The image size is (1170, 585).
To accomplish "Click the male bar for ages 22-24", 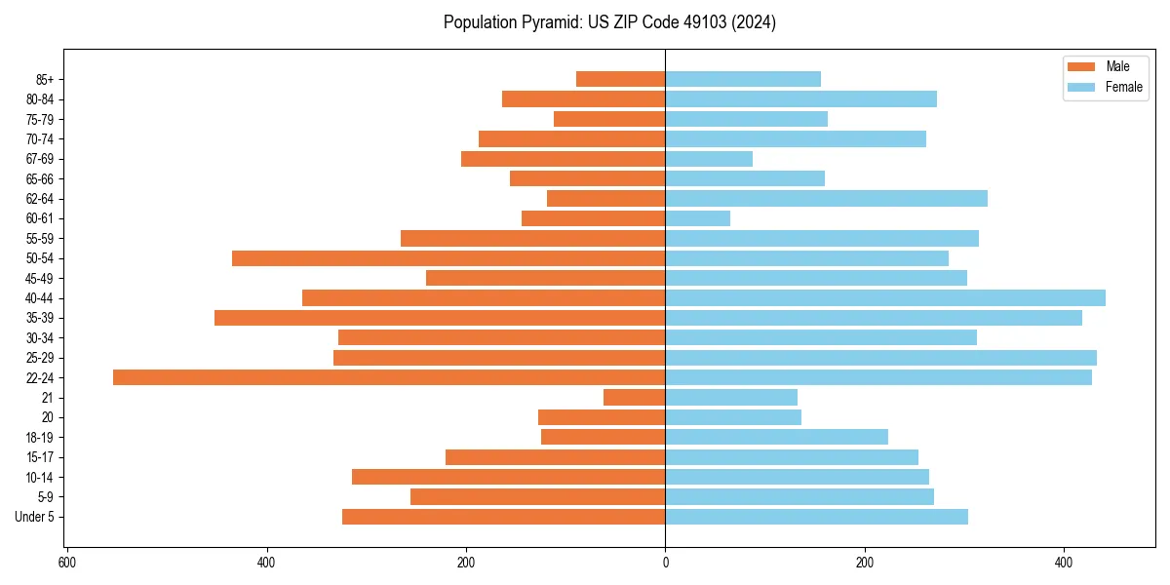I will point(389,377).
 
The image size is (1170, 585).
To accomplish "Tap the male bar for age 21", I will point(635,397).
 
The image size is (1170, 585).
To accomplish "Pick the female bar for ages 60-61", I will point(698,218).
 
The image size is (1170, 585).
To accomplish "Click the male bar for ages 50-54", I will point(448,258).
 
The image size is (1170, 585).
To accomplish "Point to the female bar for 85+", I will point(743,79).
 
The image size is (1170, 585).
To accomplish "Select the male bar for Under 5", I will point(504,517).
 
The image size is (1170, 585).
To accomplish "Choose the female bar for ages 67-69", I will point(709,159).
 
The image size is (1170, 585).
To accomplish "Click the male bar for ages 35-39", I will point(440,318).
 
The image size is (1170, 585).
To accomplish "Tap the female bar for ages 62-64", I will point(827,198).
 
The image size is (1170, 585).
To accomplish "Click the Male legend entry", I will point(1117,66).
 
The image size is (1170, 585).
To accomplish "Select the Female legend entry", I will point(1123,87).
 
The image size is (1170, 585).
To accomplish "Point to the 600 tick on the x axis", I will point(67,563).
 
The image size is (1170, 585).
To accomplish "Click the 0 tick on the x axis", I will point(666,563).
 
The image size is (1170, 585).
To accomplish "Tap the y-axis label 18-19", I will point(40,437).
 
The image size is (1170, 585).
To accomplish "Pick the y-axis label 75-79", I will point(40,119).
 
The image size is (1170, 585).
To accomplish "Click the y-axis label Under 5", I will point(35,517).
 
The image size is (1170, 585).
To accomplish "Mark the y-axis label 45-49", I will point(40,278).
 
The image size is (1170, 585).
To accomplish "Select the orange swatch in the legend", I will point(1081,66).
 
